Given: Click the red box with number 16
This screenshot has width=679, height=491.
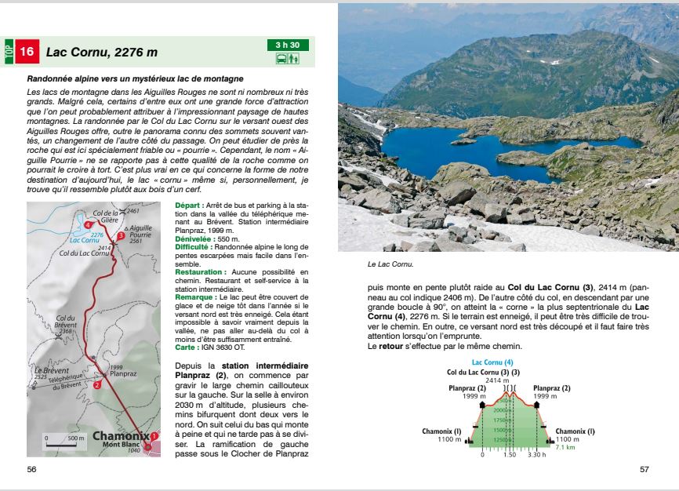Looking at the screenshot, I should tap(27, 52).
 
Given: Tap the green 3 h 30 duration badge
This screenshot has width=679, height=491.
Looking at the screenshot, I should tap(289, 45).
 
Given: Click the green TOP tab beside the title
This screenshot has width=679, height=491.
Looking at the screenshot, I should tap(9, 52).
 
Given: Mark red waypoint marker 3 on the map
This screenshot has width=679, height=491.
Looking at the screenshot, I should tap(121, 235).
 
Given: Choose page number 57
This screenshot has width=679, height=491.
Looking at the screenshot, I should tap(645, 469).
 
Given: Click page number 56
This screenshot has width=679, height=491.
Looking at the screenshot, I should tap(32, 469).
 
